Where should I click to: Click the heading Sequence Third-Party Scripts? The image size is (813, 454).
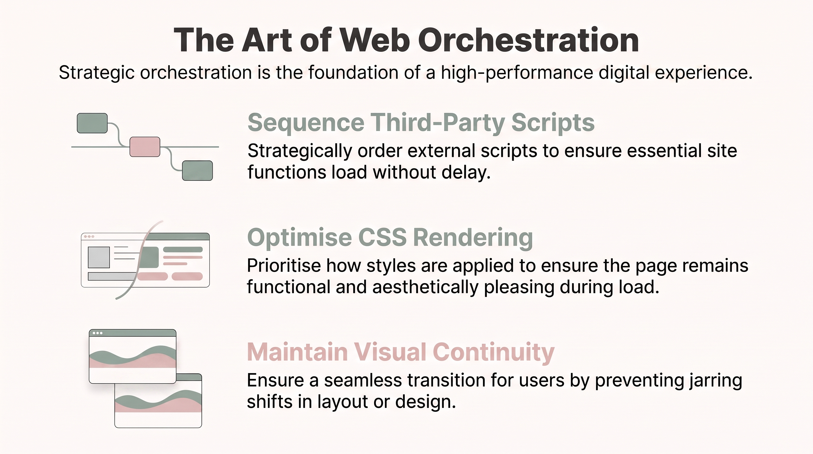click(421, 123)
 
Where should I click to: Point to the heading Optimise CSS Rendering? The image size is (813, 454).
click(390, 238)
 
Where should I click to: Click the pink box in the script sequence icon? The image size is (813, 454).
click(145, 147)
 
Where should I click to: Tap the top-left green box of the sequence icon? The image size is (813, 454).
click(92, 123)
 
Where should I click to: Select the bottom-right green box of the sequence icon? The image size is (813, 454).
click(197, 171)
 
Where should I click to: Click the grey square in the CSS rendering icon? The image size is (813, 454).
click(99, 257)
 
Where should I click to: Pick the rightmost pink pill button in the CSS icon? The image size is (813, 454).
click(187, 276)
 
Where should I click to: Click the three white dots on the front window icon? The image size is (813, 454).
click(97, 333)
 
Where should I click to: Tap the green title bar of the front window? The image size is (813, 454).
click(133, 333)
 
